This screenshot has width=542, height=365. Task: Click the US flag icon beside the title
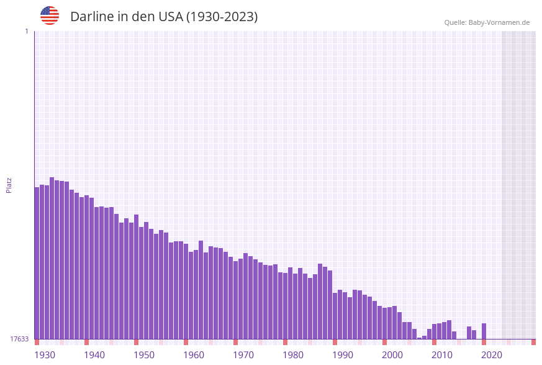(50, 16)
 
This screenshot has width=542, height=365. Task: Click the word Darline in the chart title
(92, 17)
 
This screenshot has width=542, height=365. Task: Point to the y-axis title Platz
(9, 185)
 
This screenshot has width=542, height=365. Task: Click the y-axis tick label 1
(26, 31)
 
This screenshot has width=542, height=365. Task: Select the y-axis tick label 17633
(19, 339)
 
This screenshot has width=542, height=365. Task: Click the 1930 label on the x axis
(45, 355)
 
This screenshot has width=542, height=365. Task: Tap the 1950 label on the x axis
(144, 355)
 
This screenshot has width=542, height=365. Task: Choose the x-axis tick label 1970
(243, 355)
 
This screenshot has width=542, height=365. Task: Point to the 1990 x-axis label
(343, 355)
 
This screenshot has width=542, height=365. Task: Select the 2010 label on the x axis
(442, 355)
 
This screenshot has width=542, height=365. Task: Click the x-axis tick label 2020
(492, 355)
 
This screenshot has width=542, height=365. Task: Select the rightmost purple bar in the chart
(484, 331)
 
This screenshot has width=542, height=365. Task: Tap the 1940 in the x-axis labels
(94, 355)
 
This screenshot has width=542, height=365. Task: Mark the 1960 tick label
(194, 355)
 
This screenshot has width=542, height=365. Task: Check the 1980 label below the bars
(293, 355)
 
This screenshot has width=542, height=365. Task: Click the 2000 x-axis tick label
(392, 355)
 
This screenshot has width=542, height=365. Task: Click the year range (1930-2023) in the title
(222, 17)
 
